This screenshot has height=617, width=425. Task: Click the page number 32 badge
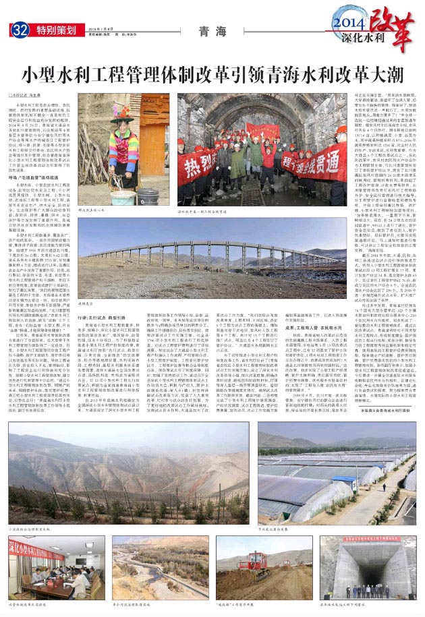click(x=20, y=30)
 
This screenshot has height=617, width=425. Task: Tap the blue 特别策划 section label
click(x=55, y=30)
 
